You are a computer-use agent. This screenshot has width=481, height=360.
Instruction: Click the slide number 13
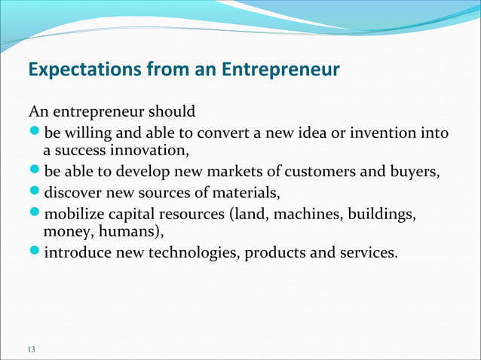point(31,348)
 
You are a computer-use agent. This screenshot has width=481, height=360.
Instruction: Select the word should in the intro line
point(170,112)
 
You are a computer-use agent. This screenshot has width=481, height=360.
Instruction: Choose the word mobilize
point(77,215)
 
